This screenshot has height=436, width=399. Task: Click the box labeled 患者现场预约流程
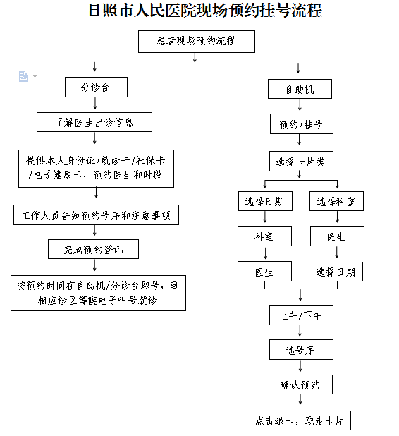pyautogui.click(x=197, y=42)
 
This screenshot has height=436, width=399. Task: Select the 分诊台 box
pyautogui.click(x=96, y=87)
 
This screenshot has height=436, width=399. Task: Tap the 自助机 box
pyautogui.click(x=300, y=89)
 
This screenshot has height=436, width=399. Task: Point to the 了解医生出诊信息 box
pyautogui.click(x=94, y=122)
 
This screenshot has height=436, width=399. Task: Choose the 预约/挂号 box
pyautogui.click(x=302, y=123)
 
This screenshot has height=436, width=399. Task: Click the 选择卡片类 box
pyautogui.click(x=301, y=162)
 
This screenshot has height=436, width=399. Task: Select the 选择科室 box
pyautogui.click(x=336, y=201)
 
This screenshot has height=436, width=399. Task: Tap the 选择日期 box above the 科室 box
pyautogui.click(x=265, y=201)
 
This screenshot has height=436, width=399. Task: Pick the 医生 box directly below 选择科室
pyautogui.click(x=337, y=236)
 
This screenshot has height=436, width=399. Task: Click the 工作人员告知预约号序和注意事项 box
pyautogui.click(x=96, y=215)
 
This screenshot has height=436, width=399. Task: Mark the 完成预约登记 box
pyautogui.click(x=93, y=249)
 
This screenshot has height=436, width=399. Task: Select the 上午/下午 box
pyautogui.click(x=301, y=315)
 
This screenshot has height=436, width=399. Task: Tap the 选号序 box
pyautogui.click(x=301, y=349)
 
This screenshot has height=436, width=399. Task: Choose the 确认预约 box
pyautogui.click(x=300, y=384)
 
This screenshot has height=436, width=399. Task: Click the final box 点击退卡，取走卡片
pyautogui.click(x=300, y=420)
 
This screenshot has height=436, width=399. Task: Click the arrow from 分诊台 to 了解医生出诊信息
pyautogui.click(x=95, y=103)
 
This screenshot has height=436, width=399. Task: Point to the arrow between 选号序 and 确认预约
pyautogui.click(x=300, y=365)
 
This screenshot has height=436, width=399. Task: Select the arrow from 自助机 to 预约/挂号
pyautogui.click(x=300, y=104)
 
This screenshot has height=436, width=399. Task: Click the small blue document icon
pyautogui.click(x=24, y=76)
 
